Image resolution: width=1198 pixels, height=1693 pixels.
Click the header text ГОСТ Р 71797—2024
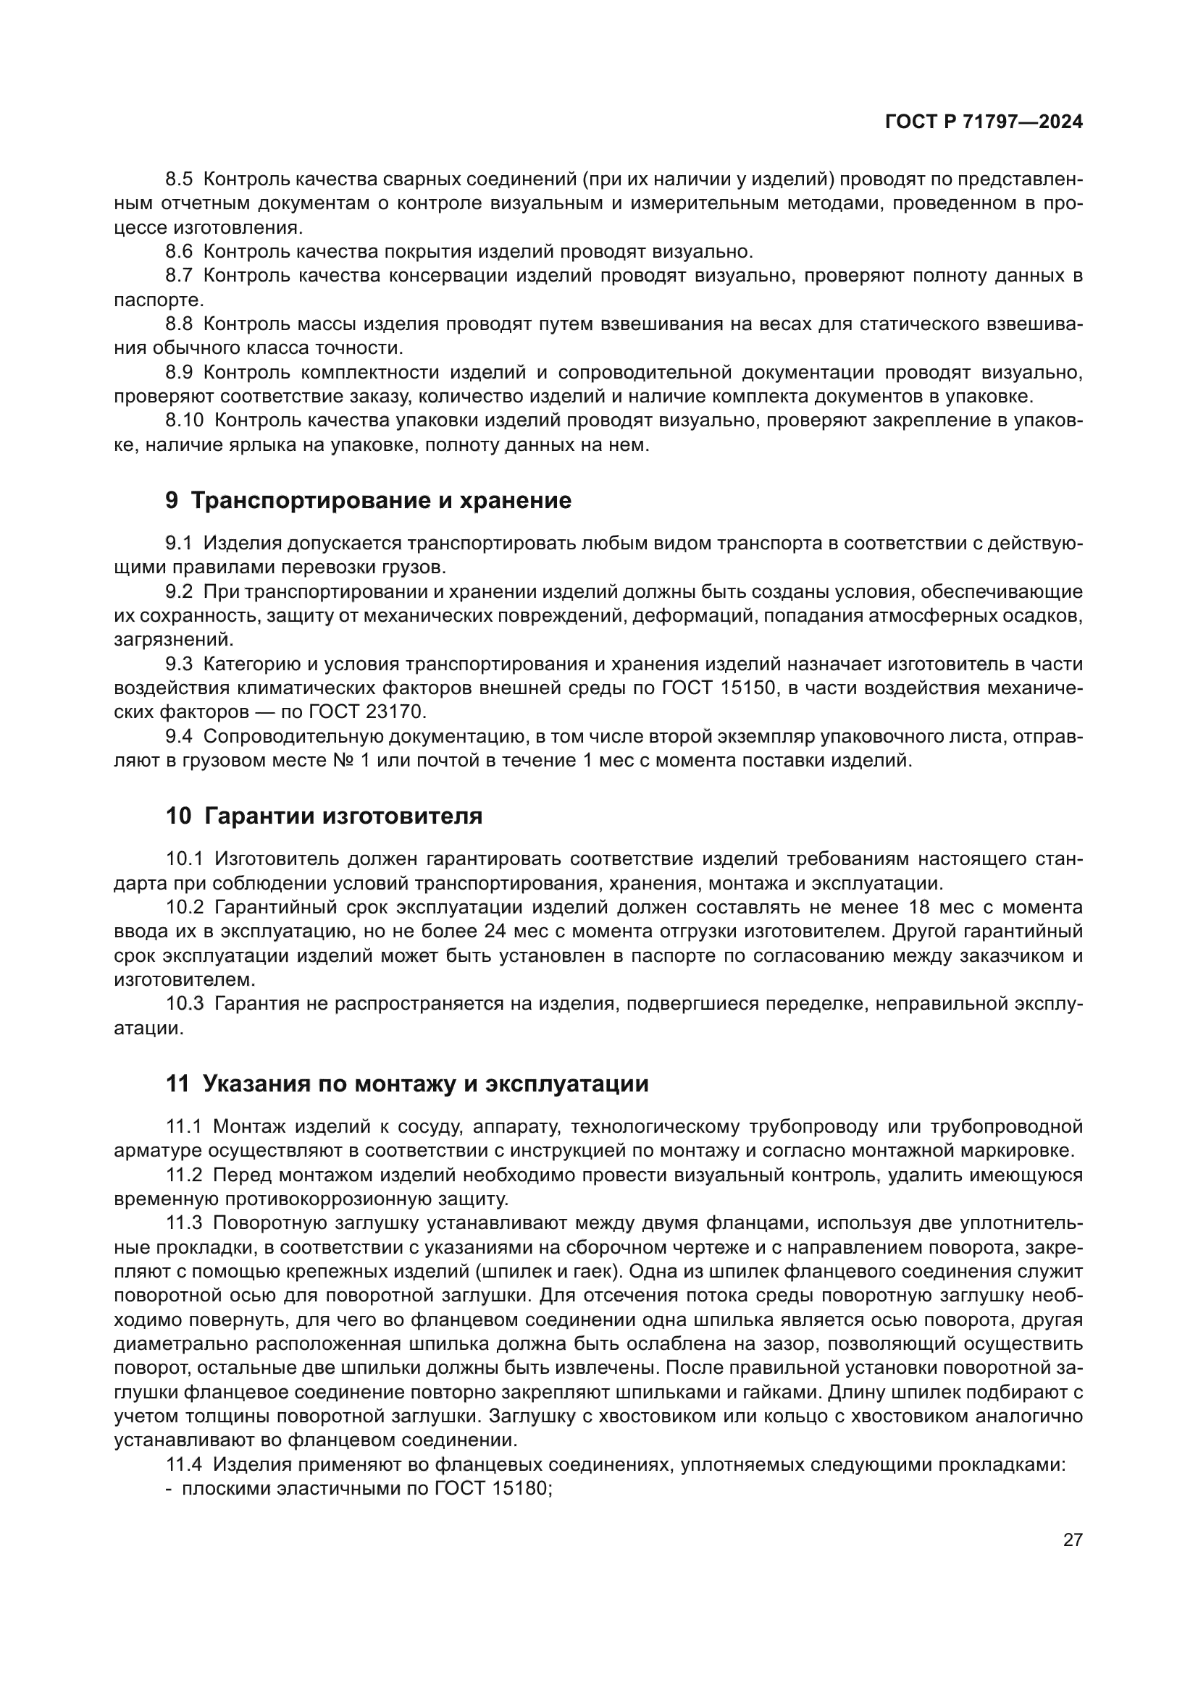984,122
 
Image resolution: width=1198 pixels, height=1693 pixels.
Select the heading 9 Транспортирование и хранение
368,501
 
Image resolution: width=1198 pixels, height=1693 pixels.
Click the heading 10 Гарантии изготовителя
324,816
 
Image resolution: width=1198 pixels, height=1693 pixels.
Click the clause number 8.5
178,180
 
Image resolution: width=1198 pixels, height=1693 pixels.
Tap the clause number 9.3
178,664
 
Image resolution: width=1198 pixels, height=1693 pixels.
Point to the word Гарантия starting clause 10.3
256,1003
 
